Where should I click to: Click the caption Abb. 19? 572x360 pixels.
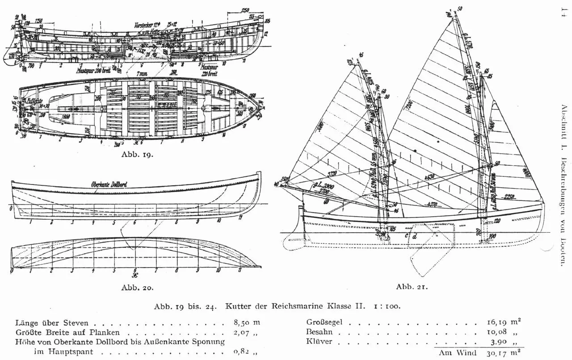pyautogui.click(x=137, y=155)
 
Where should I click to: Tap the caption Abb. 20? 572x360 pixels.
pyautogui.click(x=137, y=287)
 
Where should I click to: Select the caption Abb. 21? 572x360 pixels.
pyautogui.click(x=412, y=286)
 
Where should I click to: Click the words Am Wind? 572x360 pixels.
pyautogui.click(x=454, y=353)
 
